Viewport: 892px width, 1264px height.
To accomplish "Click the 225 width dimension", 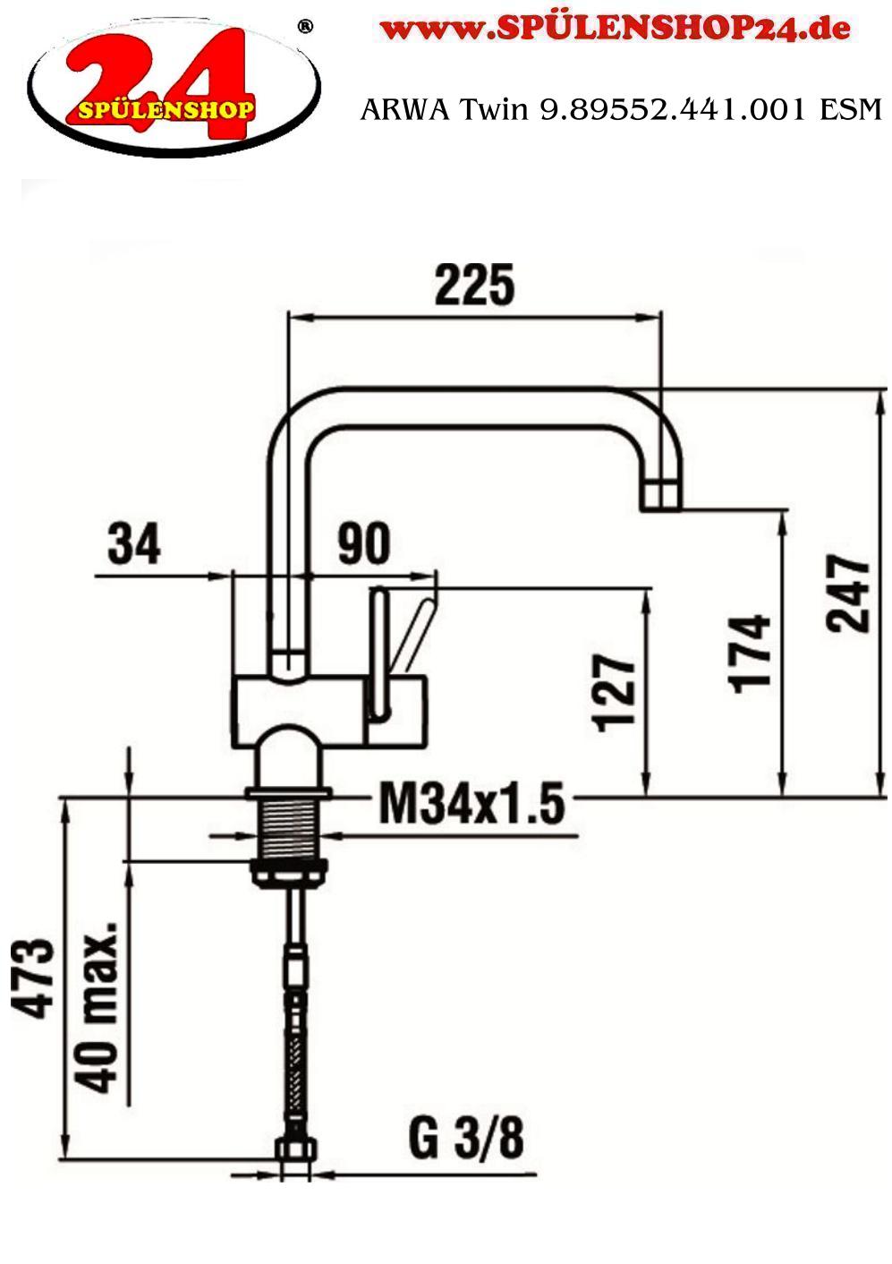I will [474, 286].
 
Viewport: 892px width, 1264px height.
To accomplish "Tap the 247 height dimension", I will [846, 594].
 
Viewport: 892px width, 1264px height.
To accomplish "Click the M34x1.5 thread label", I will [471, 803].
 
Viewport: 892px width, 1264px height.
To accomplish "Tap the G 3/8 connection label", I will [466, 1139].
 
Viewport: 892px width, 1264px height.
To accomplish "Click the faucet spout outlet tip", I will [661, 494].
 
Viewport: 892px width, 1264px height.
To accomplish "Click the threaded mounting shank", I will [287, 832].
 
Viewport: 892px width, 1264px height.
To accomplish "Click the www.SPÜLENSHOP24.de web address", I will [616, 29].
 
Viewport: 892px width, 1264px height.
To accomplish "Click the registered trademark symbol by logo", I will [304, 27].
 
